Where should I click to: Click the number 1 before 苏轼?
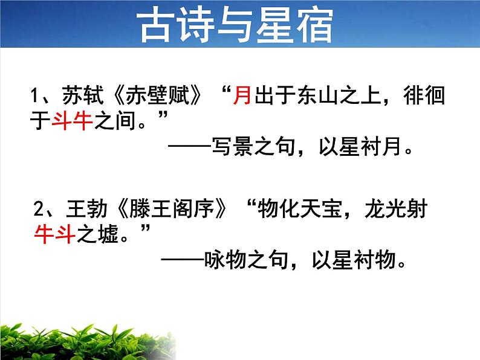click(x=35, y=97)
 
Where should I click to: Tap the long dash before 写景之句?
click(x=188, y=147)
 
